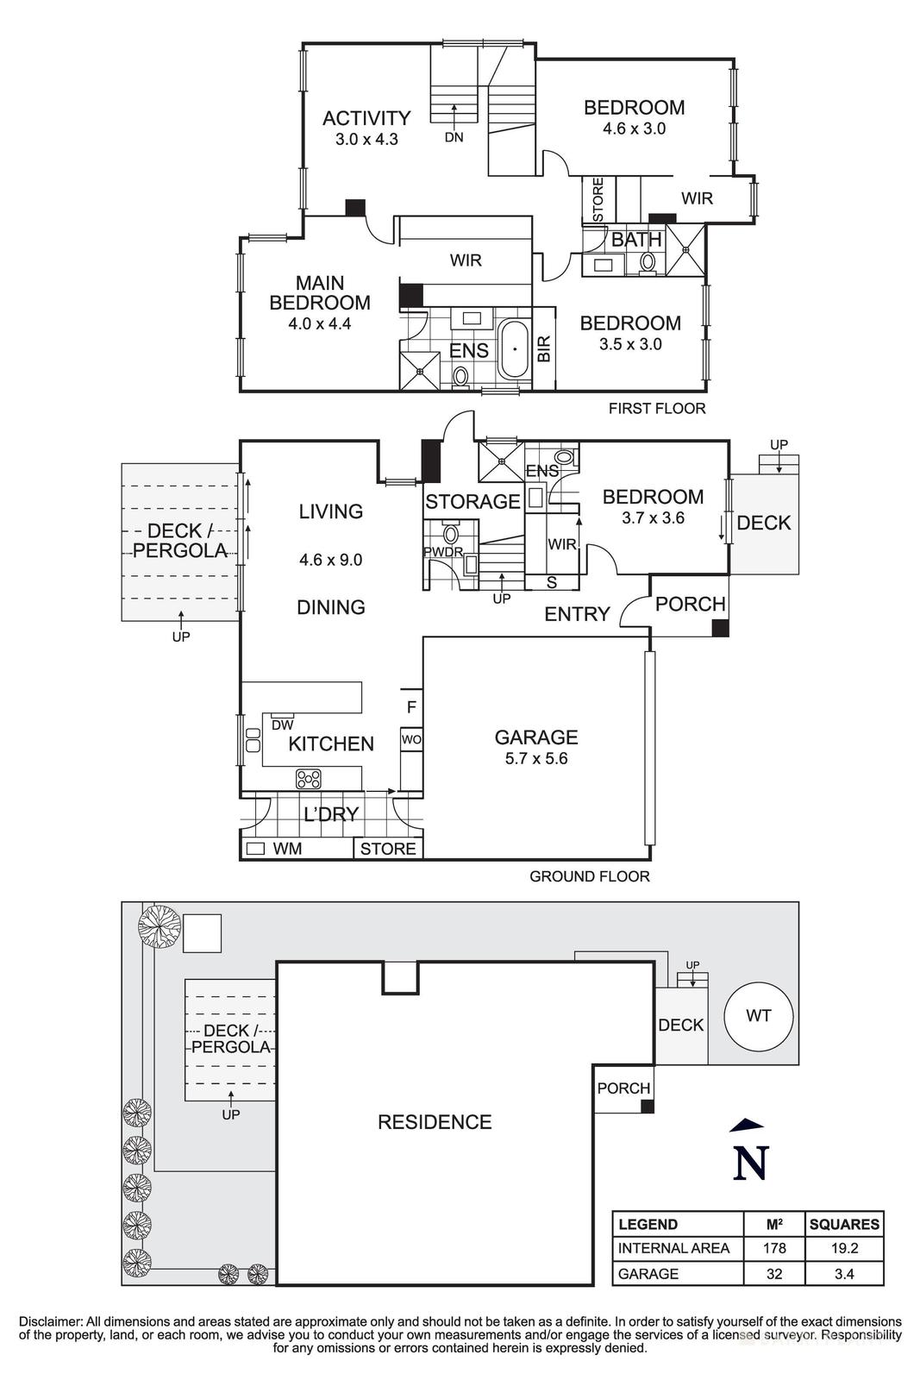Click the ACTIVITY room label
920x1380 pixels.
coord(366,118)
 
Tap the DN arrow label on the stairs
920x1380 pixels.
coord(454,137)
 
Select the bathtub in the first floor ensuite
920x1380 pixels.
coord(514,349)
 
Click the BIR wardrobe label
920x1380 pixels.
coord(544,348)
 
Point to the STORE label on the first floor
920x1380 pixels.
coord(597,199)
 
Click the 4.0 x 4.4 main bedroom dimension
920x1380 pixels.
coord(320,325)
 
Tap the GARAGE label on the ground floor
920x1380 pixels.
coord(535,737)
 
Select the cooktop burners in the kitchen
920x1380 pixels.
coord(308,779)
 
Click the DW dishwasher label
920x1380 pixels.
coord(282,725)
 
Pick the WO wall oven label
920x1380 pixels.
coord(411,740)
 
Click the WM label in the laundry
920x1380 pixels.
coord(287,849)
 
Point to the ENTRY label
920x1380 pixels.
coord(577,614)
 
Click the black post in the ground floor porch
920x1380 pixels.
coord(719,629)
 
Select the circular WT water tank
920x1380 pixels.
coord(758,1015)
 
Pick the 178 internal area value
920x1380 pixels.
coord(773,1248)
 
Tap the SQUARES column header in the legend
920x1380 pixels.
coord(844,1224)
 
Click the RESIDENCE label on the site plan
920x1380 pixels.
coord(435,1122)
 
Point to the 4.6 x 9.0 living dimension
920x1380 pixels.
coord(330,560)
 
